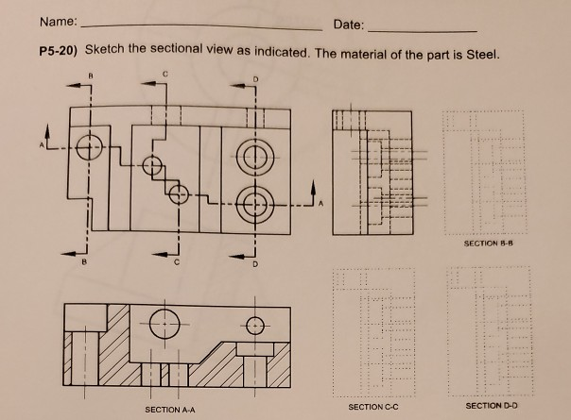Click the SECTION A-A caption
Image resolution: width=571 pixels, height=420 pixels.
click(x=170, y=410)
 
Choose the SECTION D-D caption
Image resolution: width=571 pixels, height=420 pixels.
click(x=489, y=406)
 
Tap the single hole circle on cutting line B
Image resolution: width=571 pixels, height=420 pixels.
click(x=90, y=147)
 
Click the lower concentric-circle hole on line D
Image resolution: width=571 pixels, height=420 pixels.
click(x=253, y=203)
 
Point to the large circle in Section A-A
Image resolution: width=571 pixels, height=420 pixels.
click(x=164, y=322)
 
